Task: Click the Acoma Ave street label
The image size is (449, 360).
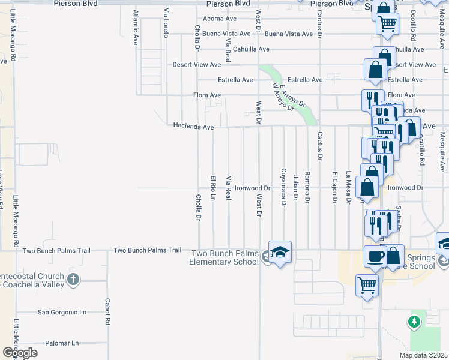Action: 220,19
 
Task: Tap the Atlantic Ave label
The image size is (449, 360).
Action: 136,28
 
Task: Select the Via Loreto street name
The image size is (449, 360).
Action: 166,23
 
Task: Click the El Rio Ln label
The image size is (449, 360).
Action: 212,188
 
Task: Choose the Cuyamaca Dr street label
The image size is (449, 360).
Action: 283,188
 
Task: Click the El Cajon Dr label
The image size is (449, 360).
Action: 334,188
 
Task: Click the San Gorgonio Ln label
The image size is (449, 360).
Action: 62,312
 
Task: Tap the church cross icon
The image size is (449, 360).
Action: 73,279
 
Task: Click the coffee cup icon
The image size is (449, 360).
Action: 376,256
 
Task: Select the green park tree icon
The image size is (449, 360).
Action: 414,322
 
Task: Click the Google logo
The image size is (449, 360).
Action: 20,352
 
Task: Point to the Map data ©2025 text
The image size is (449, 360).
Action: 423,355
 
